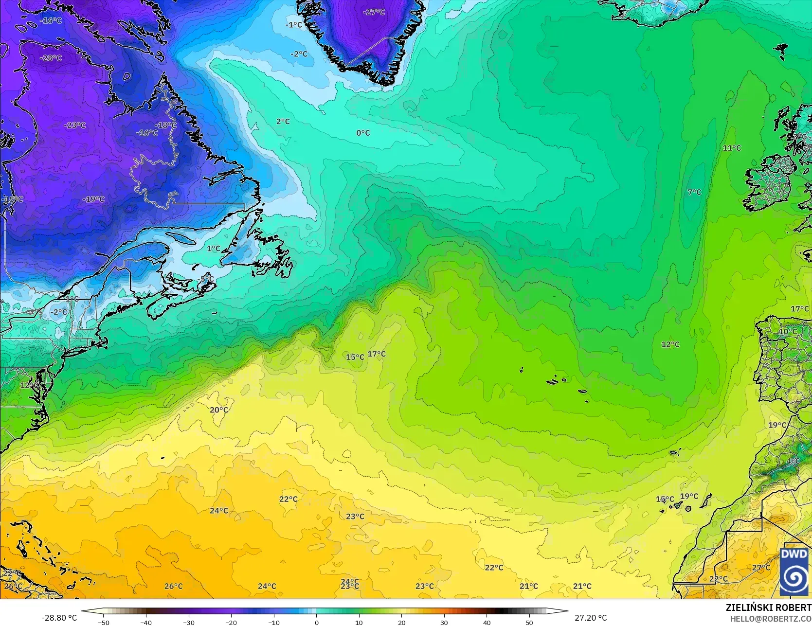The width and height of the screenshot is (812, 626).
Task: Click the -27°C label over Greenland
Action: click(x=374, y=12)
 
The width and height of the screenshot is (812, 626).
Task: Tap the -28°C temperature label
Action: click(x=51, y=58)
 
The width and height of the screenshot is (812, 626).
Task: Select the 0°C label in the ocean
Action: click(x=363, y=133)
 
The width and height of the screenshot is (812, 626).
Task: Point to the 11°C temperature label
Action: click(x=732, y=148)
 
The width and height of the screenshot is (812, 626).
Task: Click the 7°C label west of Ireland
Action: click(x=694, y=192)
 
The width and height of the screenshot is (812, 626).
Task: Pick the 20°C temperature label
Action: click(x=219, y=410)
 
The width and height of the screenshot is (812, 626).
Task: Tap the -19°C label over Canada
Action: click(x=93, y=199)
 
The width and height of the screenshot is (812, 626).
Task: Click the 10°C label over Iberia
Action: click(x=788, y=331)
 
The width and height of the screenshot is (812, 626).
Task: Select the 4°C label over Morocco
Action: click(x=793, y=461)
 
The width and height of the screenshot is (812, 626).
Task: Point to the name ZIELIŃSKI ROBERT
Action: click(x=768, y=608)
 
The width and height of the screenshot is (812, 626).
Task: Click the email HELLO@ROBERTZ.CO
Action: click(x=770, y=618)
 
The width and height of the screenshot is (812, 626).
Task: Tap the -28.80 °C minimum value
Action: click(x=59, y=618)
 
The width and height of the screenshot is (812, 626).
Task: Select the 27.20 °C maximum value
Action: click(x=590, y=618)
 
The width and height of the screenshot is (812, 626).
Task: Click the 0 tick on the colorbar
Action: click(x=316, y=622)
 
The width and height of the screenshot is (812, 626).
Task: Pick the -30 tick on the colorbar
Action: click(x=189, y=622)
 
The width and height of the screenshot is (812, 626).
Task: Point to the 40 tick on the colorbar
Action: click(x=487, y=622)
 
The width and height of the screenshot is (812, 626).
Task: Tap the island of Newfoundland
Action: click(x=270, y=253)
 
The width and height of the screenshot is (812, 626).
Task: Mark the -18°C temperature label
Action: click(x=168, y=125)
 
